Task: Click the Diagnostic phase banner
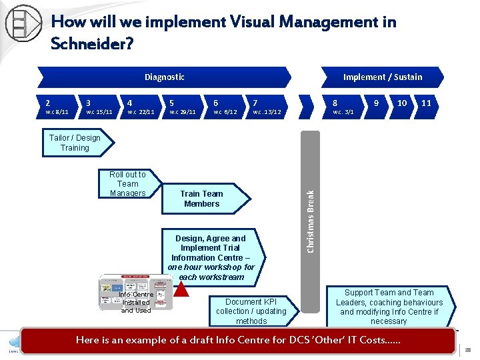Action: click(164, 77)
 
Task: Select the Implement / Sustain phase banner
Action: click(382, 77)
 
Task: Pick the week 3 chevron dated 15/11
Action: click(99, 107)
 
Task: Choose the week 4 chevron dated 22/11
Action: click(140, 107)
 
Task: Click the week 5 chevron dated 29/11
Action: click(182, 107)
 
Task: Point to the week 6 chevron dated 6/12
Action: click(225, 107)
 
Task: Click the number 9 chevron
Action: click(377, 104)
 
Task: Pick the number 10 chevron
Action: click(402, 104)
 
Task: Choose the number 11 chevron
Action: click(427, 104)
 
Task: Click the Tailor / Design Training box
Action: click(75, 143)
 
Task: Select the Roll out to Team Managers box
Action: click(127, 184)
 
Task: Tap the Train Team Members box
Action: click(203, 199)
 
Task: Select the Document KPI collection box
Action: click(251, 311)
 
